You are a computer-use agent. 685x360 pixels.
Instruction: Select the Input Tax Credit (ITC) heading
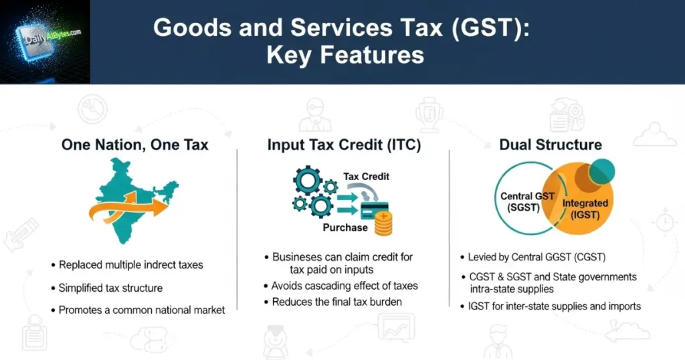[x=344, y=145]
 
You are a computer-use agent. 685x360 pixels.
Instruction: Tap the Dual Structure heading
[x=551, y=145]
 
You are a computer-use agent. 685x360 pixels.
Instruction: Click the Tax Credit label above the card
[x=366, y=177]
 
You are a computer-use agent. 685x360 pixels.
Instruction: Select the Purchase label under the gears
[x=345, y=228]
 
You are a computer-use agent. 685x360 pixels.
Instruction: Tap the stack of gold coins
[x=383, y=225]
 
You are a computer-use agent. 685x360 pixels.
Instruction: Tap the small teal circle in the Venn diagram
[x=602, y=172]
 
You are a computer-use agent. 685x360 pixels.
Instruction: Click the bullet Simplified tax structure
[x=110, y=288]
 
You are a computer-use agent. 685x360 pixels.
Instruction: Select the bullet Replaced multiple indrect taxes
[x=130, y=265]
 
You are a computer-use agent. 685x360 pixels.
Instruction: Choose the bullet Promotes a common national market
[x=142, y=310]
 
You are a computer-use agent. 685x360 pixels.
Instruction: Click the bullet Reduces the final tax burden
[x=336, y=302]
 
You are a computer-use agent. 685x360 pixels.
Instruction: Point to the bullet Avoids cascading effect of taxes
[x=345, y=286]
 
